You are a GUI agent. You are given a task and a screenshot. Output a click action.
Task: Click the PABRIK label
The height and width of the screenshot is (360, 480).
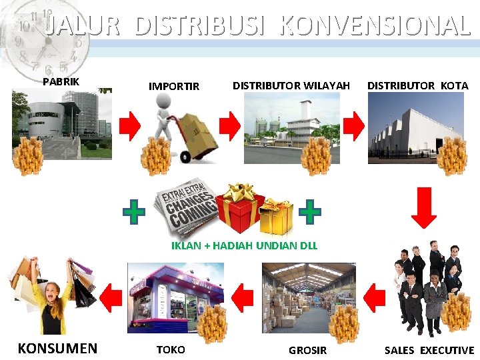[61, 82]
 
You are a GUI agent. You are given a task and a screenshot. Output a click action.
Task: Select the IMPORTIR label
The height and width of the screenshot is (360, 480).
[173, 86]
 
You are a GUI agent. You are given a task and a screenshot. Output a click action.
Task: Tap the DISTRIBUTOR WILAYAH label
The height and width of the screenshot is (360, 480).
[291, 85]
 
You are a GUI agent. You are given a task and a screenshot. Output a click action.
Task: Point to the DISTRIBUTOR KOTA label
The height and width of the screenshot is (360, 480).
[417, 85]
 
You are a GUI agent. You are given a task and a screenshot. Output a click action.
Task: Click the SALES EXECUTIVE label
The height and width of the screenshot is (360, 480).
[429, 350]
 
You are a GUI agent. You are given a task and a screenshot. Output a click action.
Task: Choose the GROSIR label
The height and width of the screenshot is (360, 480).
[307, 350]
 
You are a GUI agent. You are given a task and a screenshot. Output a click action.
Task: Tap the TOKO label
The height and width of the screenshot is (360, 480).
[171, 349]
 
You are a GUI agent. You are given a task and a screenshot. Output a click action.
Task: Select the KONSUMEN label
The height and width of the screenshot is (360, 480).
[57, 348]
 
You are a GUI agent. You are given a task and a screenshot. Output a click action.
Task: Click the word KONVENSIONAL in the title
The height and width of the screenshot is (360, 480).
[375, 26]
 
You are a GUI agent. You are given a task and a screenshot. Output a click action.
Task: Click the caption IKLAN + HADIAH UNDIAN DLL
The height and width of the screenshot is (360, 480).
[244, 245]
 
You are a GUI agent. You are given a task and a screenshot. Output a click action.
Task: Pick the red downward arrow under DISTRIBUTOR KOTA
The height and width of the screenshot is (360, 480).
[423, 207]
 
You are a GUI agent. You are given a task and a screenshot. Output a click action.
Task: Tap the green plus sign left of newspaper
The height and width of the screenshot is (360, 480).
[134, 213]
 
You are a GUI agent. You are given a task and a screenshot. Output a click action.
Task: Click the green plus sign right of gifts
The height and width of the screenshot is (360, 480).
[310, 212]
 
